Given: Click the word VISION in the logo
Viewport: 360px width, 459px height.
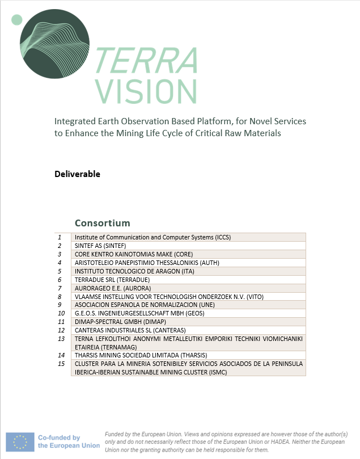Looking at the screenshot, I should [x=146, y=91].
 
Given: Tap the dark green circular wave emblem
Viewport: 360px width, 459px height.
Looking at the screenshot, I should [x=54, y=43].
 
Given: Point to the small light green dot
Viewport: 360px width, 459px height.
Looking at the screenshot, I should [x=16, y=20].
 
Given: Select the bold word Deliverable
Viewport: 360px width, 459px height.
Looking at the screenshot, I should [x=77, y=174].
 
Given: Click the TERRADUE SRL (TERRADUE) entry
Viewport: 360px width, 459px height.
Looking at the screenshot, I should [x=112, y=280].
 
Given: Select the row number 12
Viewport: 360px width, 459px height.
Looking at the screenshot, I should [x=61, y=330].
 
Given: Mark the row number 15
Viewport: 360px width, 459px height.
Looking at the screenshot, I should [x=61, y=364].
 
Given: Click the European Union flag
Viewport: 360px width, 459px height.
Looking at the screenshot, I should [x=20, y=441].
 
